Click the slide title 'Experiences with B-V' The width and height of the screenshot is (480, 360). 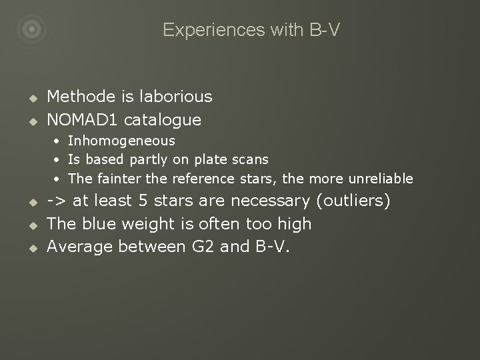click(x=251, y=30)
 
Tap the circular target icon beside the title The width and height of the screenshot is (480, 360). click(x=32, y=29)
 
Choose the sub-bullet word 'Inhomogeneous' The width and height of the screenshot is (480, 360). click(x=121, y=141)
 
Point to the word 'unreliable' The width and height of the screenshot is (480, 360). click(x=381, y=179)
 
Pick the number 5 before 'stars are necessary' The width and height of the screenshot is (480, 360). click(x=143, y=201)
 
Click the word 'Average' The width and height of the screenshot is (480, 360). click(x=80, y=247)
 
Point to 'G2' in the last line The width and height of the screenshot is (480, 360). click(x=195, y=247)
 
